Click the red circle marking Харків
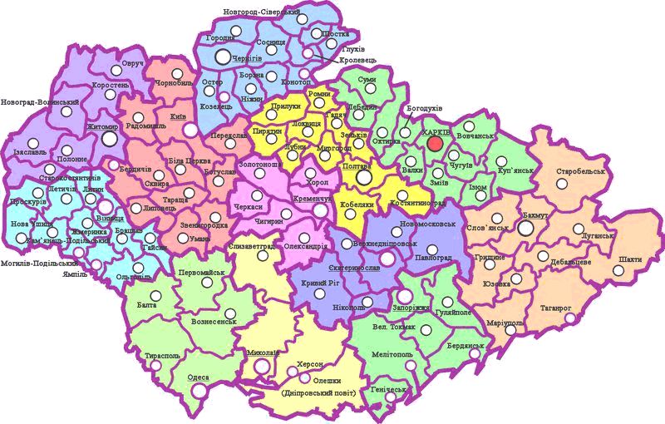pyautogui.click(x=434, y=143)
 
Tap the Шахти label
pyautogui.click(x=630, y=259)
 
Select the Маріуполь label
pyautogui.click(x=504, y=323)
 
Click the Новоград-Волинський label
pyautogui.click(x=40, y=102)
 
